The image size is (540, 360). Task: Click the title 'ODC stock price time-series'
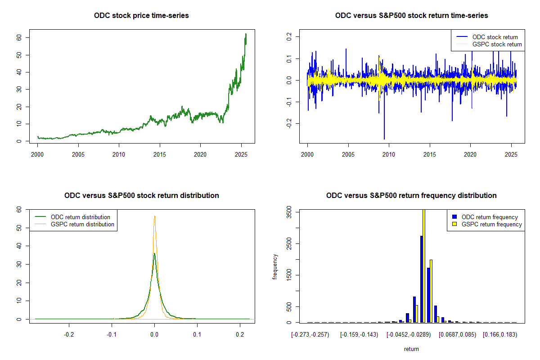point(141,16)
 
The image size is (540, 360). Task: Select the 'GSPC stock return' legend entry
point(497,44)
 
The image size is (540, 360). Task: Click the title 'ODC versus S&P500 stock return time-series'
point(411,16)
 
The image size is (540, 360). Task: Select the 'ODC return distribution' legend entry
point(81,217)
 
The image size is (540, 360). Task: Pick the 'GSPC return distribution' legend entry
point(82,224)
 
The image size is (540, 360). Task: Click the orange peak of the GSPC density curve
point(155,216)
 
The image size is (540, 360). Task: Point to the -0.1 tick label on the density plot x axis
point(112,334)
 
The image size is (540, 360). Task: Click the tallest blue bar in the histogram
point(422,279)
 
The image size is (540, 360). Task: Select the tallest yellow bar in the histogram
point(424,265)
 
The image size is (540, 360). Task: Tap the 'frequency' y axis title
point(275,267)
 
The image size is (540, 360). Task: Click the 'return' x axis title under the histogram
point(411,349)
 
